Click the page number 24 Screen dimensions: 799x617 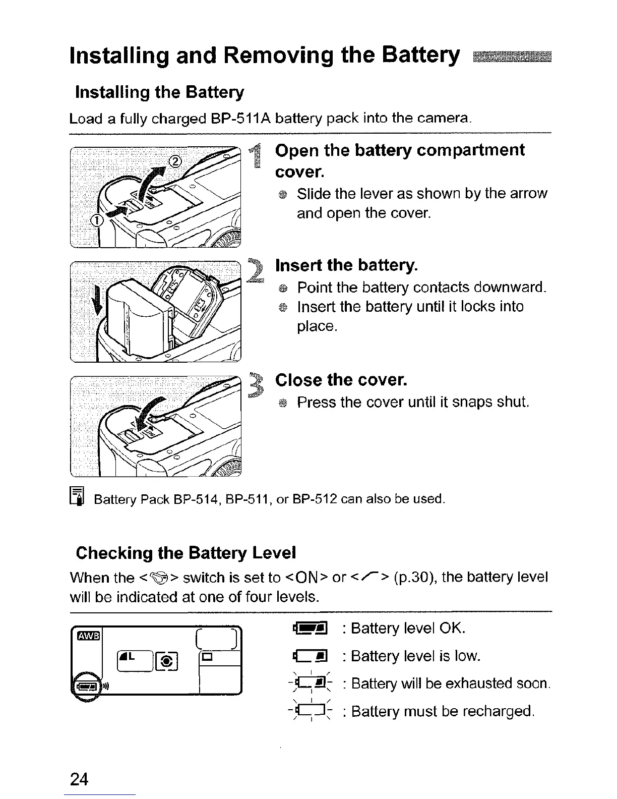[x=80, y=779]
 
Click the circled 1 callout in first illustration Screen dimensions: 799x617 [x=96, y=220]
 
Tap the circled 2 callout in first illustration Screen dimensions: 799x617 [x=174, y=161]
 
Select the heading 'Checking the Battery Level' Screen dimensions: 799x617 [x=186, y=553]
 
